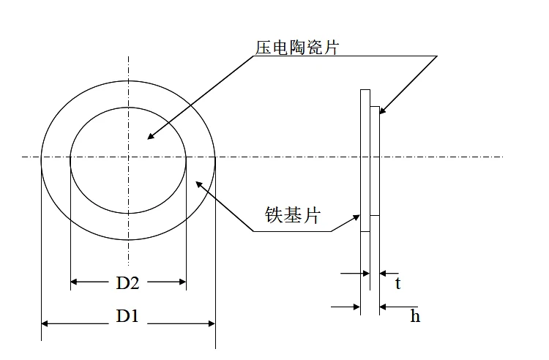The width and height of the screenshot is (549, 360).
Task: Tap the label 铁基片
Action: [x=291, y=215]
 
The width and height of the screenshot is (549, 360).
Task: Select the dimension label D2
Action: [x=128, y=282]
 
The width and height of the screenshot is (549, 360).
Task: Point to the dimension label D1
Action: [x=127, y=316]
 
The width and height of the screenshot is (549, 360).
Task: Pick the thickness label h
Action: [x=415, y=316]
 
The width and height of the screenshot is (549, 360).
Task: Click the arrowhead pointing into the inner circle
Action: [x=151, y=135]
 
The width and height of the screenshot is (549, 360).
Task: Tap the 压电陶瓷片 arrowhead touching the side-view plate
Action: [x=381, y=112]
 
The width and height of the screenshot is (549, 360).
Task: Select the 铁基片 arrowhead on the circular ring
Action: [x=197, y=183]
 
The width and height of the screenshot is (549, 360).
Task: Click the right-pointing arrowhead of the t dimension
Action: [x=366, y=274]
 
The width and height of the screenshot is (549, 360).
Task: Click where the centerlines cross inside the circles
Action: [x=129, y=157]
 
